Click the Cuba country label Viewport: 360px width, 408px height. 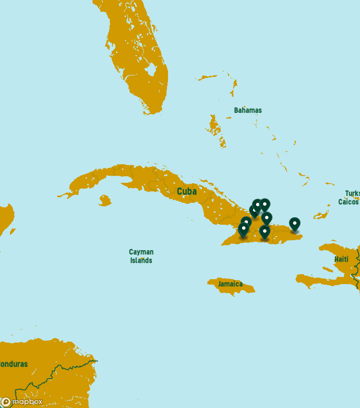186,191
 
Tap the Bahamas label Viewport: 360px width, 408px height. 247,110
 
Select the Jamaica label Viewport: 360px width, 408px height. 230,284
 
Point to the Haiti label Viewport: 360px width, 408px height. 341,259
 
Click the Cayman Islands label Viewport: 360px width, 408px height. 141,256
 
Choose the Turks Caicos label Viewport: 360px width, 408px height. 350,198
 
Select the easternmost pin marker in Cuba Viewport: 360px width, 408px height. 294,224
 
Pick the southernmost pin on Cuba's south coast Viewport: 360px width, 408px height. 264,232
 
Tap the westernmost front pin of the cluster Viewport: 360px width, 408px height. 243,229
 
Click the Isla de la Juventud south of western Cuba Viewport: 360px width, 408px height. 104,201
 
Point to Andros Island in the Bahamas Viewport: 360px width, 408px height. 215,125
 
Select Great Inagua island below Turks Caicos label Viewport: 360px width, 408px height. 320,215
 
